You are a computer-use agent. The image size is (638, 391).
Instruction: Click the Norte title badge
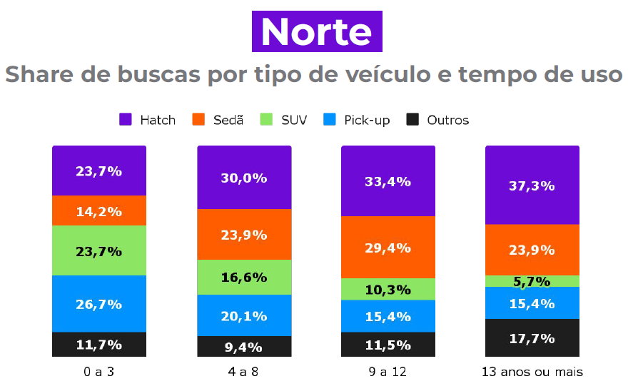click(x=317, y=32)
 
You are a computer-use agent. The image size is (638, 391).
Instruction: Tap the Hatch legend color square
click(x=126, y=119)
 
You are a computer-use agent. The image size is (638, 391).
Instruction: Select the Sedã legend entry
click(x=218, y=119)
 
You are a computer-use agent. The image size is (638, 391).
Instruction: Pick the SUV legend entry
click(x=284, y=119)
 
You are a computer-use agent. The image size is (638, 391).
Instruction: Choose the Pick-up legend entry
click(x=357, y=119)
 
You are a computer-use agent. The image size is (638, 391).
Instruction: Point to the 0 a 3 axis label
click(x=98, y=372)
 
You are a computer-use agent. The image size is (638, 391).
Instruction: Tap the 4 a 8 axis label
click(x=243, y=372)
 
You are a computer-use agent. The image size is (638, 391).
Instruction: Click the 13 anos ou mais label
click(x=532, y=372)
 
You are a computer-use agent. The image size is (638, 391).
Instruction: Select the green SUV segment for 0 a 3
click(x=98, y=250)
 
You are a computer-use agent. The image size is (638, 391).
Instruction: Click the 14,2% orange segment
click(x=98, y=210)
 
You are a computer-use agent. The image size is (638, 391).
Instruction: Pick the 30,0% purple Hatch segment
click(x=244, y=178)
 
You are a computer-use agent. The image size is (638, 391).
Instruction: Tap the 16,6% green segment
click(x=244, y=277)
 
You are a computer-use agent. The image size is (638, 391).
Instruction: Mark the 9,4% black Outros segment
click(x=244, y=346)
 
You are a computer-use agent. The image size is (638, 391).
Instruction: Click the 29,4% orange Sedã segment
click(x=388, y=247)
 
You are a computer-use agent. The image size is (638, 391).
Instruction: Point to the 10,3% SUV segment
click(x=388, y=289)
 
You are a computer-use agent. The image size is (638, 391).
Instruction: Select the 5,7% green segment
click(x=532, y=281)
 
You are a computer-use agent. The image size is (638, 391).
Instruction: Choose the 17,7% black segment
click(x=532, y=337)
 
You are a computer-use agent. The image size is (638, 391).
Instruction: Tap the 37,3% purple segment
click(x=532, y=186)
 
